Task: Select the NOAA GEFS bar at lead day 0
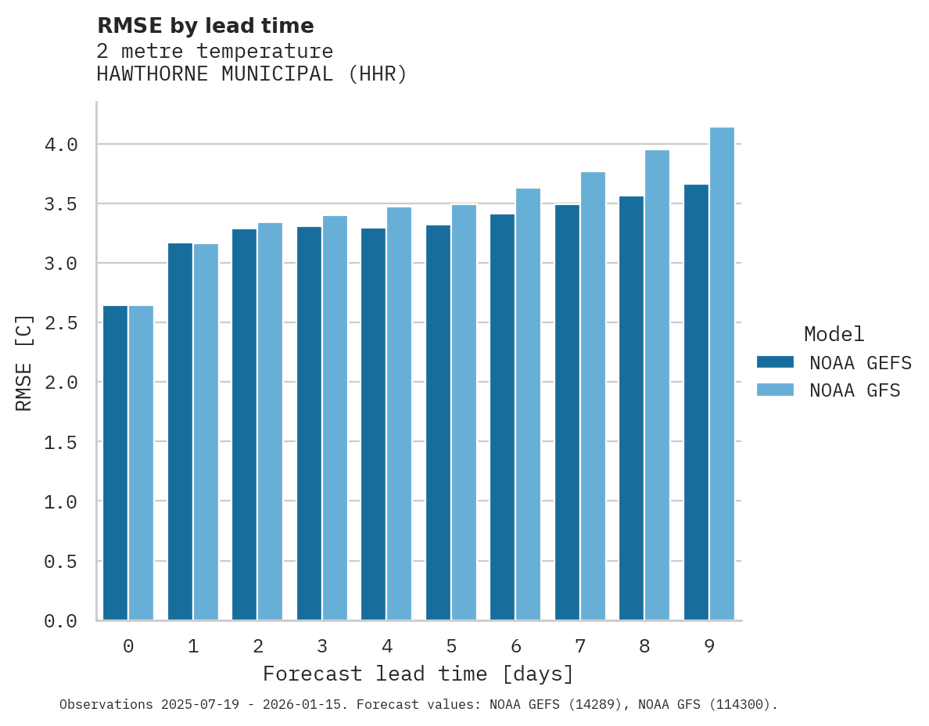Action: [115, 462]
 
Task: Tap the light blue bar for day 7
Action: [593, 396]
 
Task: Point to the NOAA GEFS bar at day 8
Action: [631, 408]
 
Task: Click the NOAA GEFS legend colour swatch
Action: [775, 362]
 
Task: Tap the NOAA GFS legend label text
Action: [855, 390]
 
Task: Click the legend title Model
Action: [834, 335]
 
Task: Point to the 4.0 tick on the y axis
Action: [61, 145]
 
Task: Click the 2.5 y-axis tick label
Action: [61, 323]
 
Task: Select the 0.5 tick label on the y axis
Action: [61, 562]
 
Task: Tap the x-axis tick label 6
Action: [516, 646]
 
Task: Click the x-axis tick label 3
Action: [322, 646]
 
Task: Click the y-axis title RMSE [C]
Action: [24, 362]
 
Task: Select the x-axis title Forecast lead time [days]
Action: [418, 674]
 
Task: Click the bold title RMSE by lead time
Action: [205, 26]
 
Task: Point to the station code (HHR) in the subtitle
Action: [378, 74]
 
